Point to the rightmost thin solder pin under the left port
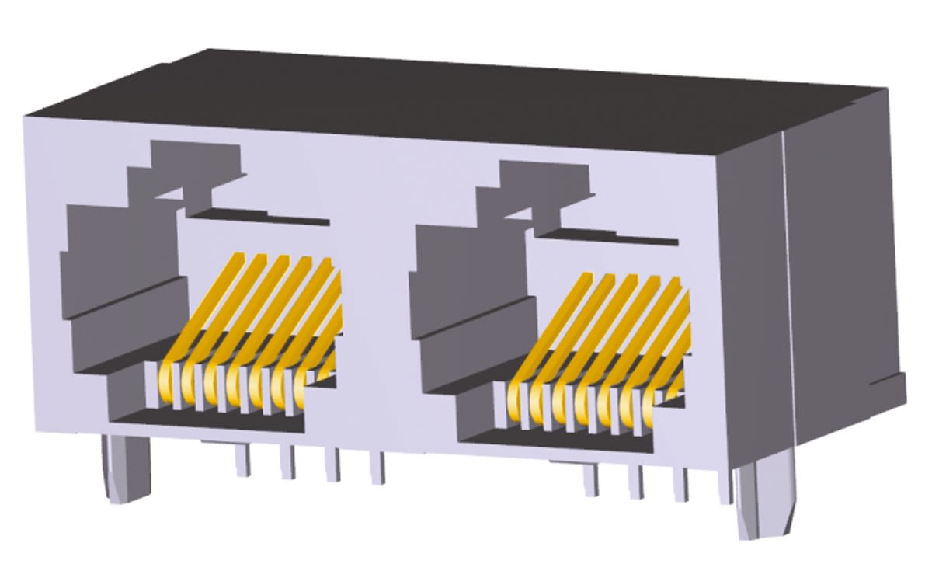(377, 469)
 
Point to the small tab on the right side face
(897, 388)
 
